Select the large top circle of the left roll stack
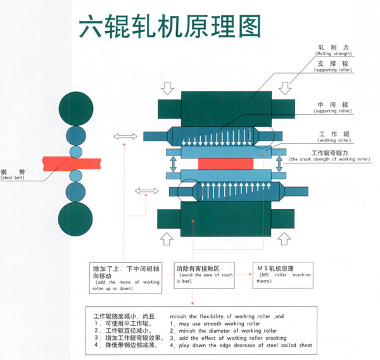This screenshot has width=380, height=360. click(75, 108)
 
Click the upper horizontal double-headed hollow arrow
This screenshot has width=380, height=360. click(125, 136)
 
